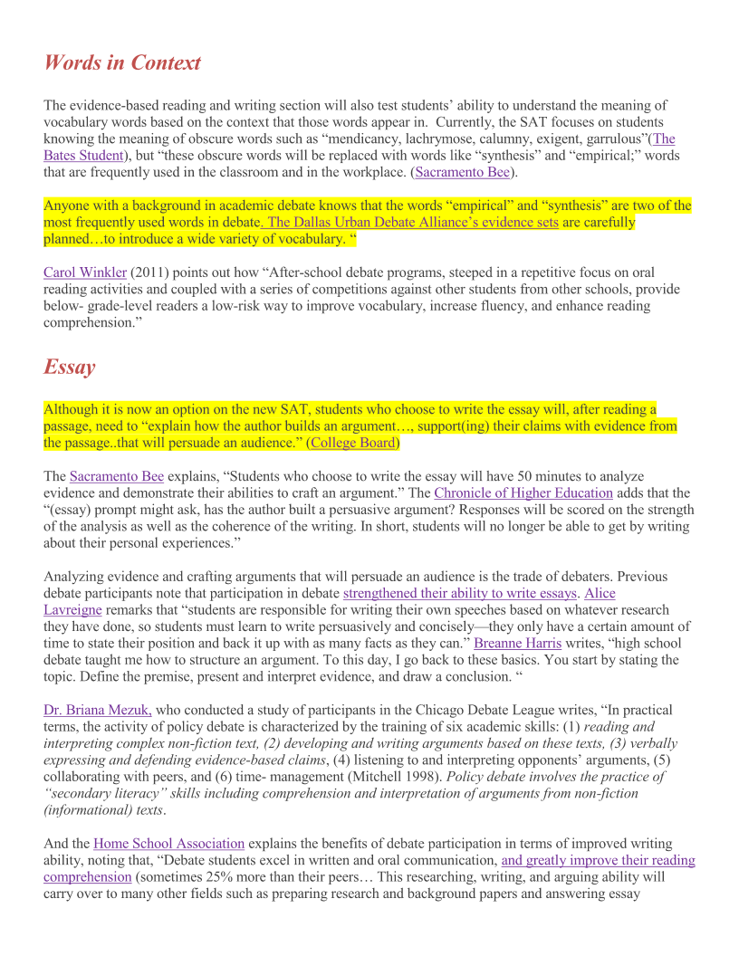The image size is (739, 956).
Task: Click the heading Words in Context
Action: click(122, 63)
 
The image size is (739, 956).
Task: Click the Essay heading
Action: click(69, 368)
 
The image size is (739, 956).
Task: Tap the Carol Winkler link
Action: click(85, 272)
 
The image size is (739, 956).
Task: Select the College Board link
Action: click(353, 443)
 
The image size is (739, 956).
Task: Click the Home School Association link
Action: click(169, 844)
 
